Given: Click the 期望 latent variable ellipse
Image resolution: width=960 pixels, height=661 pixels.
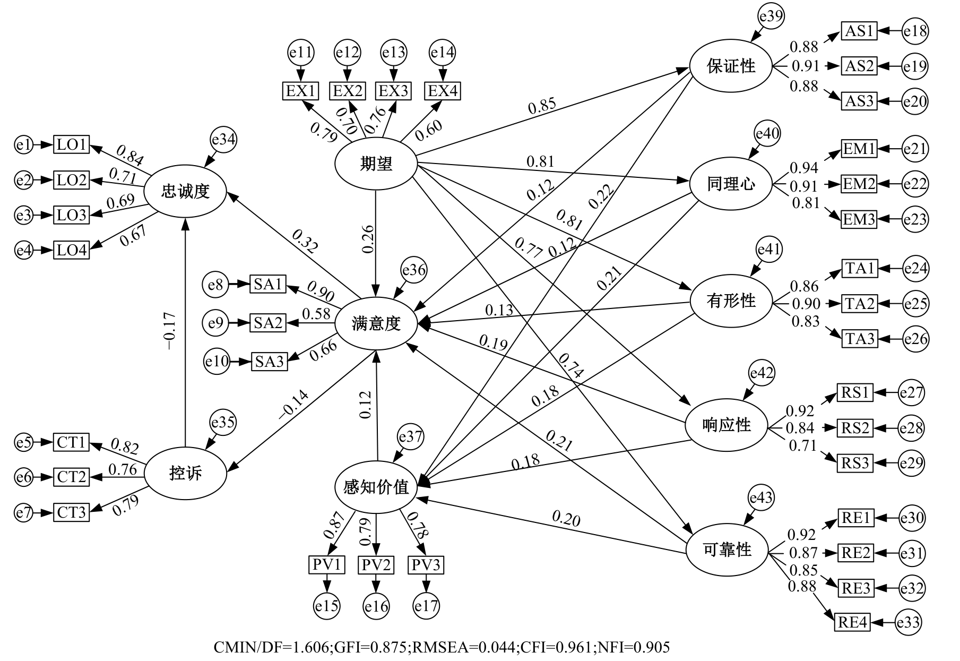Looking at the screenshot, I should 376,164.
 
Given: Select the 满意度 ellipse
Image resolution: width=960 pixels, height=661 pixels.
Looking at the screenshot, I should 376,323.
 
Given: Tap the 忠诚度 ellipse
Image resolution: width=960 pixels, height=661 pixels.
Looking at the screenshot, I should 185,191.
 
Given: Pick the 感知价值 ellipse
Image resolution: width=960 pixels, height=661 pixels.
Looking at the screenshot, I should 376,487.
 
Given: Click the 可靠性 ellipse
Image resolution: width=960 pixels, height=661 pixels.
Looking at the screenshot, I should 727,550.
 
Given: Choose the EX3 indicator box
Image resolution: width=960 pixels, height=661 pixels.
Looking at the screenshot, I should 393,91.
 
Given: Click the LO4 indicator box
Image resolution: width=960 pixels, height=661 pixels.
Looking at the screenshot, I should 71,250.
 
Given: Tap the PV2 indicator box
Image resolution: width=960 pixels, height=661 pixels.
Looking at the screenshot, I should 376,565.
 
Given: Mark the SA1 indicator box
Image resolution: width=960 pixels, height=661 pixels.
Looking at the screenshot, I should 268,284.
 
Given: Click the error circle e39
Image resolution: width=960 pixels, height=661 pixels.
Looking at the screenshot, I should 771,16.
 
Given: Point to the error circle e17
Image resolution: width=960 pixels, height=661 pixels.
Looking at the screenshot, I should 426,606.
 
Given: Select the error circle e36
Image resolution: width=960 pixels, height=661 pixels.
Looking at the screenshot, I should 414,270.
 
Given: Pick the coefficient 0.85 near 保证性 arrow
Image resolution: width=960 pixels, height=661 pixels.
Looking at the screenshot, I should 542,105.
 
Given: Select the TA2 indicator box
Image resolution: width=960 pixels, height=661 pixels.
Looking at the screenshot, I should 860,304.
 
